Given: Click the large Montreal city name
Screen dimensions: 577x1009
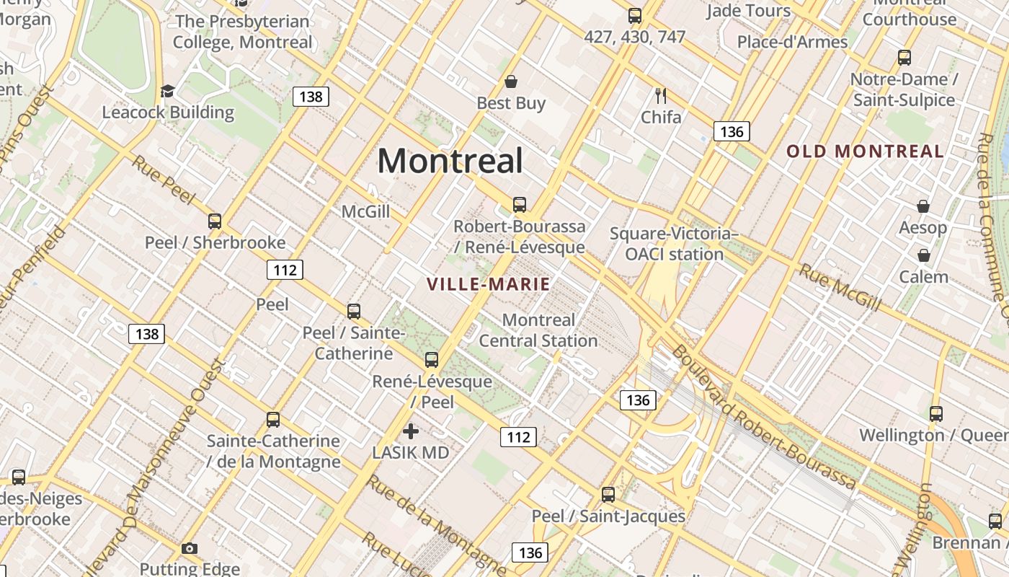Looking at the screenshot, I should (x=450, y=160).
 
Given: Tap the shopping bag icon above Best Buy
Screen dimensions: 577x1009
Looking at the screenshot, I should (x=511, y=81).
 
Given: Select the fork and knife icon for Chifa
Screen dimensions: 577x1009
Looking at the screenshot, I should (x=660, y=95).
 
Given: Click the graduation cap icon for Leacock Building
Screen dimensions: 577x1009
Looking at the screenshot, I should (x=168, y=91).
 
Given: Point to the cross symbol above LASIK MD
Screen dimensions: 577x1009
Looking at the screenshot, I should (x=411, y=431).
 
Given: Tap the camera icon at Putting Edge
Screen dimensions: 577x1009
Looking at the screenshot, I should (x=190, y=549).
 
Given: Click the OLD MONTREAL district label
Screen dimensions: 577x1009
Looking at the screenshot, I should (x=865, y=151).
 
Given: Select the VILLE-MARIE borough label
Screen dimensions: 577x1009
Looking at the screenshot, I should (x=489, y=284).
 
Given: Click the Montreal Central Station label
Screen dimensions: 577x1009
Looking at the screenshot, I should (x=538, y=330).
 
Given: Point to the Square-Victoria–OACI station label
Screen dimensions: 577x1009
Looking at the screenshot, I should (x=674, y=244).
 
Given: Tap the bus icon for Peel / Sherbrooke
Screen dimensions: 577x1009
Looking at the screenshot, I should (x=215, y=221).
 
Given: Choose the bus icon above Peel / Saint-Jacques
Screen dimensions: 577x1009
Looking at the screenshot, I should (x=608, y=495).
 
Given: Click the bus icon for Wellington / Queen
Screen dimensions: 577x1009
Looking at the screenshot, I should (x=936, y=414).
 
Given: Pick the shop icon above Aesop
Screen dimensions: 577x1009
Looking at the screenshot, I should (x=923, y=207).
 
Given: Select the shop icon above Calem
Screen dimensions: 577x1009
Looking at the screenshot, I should (x=923, y=255).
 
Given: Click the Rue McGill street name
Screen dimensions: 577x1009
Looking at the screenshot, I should (x=840, y=287).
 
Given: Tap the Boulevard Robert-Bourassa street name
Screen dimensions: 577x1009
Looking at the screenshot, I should (x=764, y=418).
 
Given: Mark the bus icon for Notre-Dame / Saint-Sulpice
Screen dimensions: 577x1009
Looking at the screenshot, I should (x=904, y=58).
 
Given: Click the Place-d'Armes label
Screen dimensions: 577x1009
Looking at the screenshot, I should (x=792, y=42).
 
